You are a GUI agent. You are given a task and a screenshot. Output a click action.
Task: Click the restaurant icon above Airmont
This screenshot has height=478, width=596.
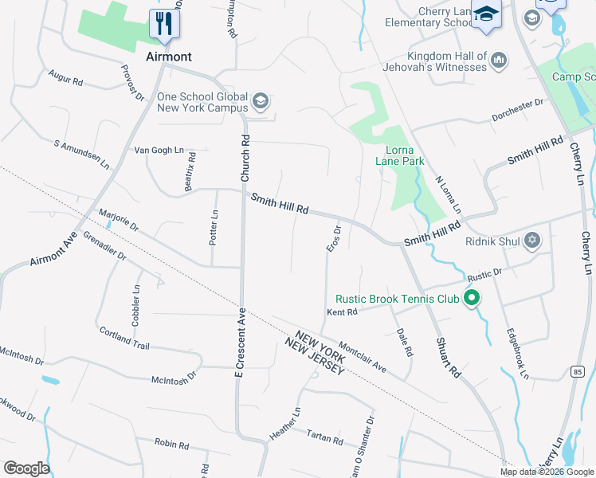coord(164,23)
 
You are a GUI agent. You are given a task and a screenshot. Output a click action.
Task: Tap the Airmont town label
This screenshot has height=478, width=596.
coord(169,57)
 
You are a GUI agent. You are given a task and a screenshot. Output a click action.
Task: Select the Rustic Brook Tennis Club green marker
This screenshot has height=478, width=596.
coord(471,299)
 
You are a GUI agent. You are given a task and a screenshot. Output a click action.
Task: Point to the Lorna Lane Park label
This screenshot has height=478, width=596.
coord(399,155)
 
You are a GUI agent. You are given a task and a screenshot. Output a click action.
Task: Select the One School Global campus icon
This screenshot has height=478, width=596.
coord(260,101)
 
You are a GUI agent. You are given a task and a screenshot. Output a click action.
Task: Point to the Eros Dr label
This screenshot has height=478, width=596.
coord(335,240)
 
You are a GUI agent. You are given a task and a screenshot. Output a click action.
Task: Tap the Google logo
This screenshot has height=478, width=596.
coord(26,468)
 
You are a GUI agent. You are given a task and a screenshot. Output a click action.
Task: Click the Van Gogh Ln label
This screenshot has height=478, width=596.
coord(159,150)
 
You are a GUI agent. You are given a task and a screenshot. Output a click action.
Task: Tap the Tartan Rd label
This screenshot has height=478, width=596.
coord(324,437)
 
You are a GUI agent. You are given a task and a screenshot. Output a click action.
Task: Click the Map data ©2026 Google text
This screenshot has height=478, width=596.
coord(547,472)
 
